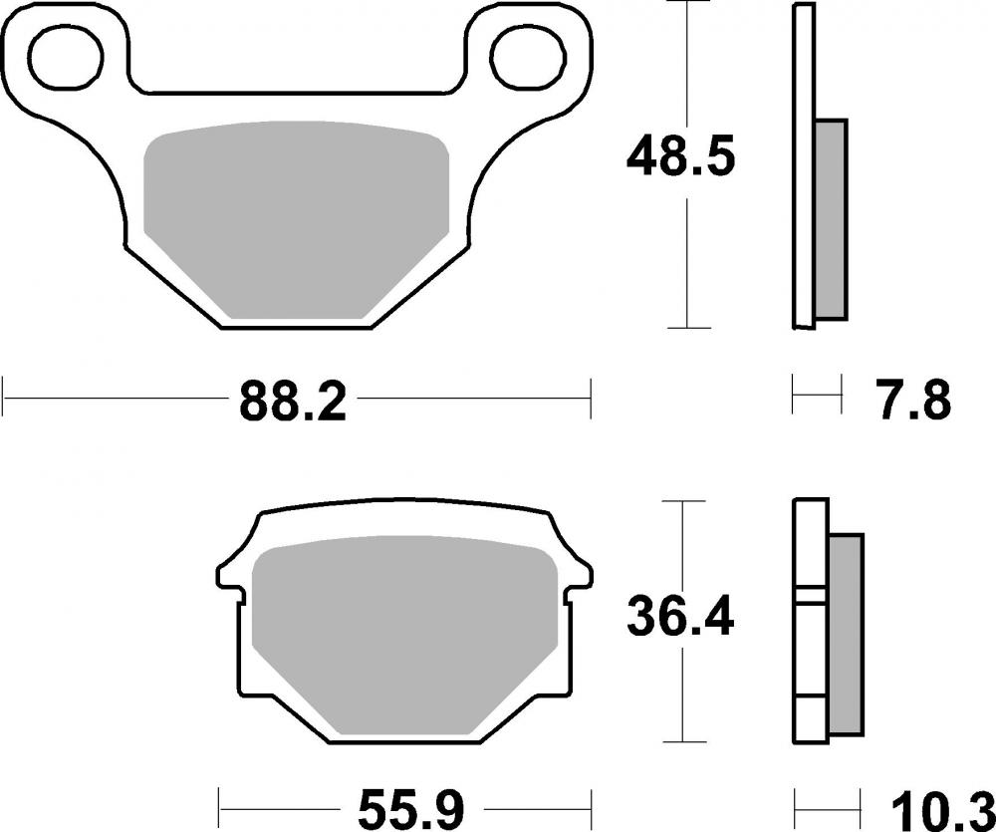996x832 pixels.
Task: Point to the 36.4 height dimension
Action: click(681, 619)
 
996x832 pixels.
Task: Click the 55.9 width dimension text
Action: click(404, 805)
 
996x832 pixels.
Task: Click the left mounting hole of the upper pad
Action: click(66, 56)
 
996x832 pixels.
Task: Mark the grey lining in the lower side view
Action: click(845, 638)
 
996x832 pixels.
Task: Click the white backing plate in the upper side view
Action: click(803, 164)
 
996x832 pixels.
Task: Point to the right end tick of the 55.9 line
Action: click(592, 801)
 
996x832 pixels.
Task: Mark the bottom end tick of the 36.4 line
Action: click(681, 741)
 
